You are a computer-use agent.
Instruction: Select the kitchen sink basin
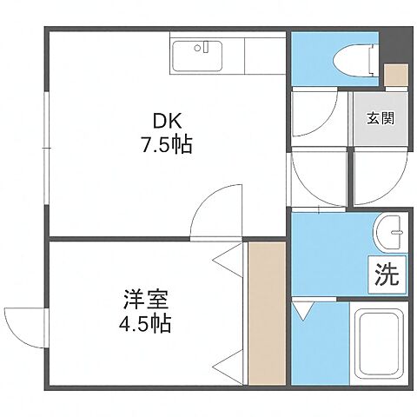click(x=200, y=58)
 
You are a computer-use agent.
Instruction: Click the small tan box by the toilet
click(x=395, y=75)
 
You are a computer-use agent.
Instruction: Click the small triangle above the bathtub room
click(x=303, y=309)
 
